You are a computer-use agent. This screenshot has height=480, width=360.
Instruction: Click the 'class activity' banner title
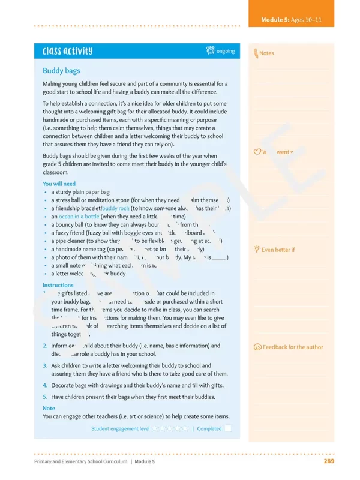[x=67, y=51]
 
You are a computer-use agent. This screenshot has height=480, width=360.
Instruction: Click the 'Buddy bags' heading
[x=61, y=71]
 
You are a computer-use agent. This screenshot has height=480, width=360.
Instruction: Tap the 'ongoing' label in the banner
[x=226, y=51]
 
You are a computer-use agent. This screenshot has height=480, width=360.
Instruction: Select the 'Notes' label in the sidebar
[x=266, y=53]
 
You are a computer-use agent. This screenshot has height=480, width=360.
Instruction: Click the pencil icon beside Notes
[x=256, y=53]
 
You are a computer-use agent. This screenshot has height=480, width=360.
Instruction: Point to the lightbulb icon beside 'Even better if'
[x=257, y=249]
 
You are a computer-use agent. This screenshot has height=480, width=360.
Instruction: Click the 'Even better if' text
[x=278, y=250]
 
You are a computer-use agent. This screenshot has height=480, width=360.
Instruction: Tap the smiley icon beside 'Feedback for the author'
[x=257, y=347]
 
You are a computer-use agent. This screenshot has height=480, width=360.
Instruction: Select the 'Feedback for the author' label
[x=293, y=347]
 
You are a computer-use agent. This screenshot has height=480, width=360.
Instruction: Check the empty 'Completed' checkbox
[x=228, y=428]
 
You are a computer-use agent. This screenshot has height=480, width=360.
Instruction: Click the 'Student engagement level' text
[x=120, y=429]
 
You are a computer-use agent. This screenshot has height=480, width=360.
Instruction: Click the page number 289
[x=329, y=461]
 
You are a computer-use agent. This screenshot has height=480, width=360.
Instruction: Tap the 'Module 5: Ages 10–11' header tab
[x=291, y=20]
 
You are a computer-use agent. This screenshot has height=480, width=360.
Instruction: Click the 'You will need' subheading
[x=59, y=184]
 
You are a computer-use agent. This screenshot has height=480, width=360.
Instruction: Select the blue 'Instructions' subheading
[x=58, y=285]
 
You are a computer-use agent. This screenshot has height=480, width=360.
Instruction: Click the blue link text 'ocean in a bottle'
[x=79, y=217]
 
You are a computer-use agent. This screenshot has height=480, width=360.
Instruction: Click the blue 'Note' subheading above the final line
[x=49, y=408]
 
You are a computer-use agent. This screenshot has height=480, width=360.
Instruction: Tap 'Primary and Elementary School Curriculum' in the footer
[x=80, y=461]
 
